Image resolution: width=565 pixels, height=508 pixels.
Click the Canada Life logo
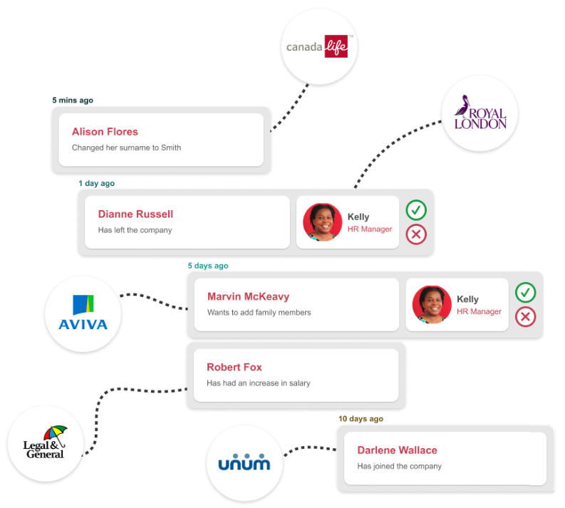[318, 48]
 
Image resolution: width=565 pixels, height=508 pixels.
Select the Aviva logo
[83, 314]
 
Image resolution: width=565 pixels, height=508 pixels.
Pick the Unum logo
[244, 462]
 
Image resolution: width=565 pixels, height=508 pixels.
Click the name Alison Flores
[105, 132]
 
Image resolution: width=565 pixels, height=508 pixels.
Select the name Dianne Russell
[135, 214]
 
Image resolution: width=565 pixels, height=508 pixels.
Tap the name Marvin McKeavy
[248, 296]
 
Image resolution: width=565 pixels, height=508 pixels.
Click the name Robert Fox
[234, 367]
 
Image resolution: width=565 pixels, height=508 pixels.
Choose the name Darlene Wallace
[397, 450]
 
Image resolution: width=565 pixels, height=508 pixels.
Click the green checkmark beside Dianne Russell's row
[416, 210]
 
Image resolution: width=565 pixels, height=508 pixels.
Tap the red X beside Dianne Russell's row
[416, 234]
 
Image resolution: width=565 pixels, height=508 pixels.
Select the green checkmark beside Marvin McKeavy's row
[526, 293]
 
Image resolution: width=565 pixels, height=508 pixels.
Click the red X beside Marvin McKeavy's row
[526, 316]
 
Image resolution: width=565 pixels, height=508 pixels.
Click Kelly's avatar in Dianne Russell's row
[322, 222]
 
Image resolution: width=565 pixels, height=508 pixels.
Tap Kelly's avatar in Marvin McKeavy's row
[432, 305]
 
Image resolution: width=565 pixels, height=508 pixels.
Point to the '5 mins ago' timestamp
[73, 100]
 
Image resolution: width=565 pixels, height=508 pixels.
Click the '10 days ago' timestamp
[361, 419]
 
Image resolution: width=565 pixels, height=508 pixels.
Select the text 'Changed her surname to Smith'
[126, 148]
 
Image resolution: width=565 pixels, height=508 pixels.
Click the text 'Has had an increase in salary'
[259, 383]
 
